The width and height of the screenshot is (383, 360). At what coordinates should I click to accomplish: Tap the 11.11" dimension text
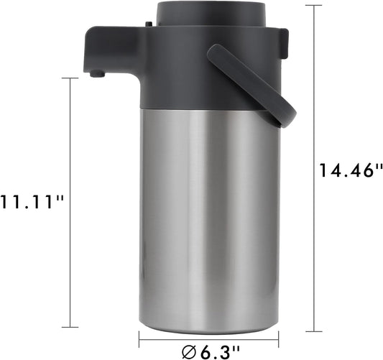[x=32, y=202]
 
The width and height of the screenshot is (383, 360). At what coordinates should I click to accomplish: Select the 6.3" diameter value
[x=218, y=352]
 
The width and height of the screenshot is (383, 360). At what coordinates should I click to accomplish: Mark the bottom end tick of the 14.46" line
[x=313, y=331]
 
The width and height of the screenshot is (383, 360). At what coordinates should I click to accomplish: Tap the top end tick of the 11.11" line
[x=70, y=78]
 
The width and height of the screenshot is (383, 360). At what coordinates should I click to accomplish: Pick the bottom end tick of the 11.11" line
[x=70, y=327]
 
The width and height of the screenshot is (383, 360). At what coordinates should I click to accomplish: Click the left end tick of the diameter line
[x=139, y=339]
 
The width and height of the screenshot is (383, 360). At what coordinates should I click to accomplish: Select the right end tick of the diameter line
[x=279, y=339]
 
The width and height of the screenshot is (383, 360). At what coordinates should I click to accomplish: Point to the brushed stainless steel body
[x=208, y=216]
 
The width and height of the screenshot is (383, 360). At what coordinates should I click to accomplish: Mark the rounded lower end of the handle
[x=286, y=116]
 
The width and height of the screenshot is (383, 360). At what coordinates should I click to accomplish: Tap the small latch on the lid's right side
[x=285, y=40]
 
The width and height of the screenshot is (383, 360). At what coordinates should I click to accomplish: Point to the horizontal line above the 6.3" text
[x=208, y=339]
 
